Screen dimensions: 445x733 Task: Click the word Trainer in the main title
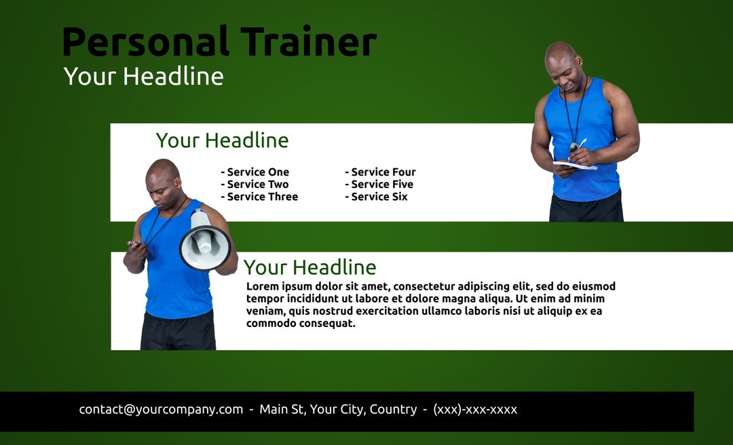[x=308, y=42]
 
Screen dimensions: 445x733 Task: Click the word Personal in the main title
[x=145, y=42]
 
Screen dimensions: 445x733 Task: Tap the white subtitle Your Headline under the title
[x=143, y=76]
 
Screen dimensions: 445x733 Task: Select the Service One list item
[x=255, y=172]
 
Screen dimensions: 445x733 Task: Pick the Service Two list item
[x=255, y=185]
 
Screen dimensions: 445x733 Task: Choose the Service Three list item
[x=259, y=197]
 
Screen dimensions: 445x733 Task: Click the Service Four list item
[x=380, y=172]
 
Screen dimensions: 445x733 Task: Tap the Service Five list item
[x=379, y=185]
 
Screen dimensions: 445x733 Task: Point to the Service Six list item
[x=376, y=197]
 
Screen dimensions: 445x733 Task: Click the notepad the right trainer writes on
[x=574, y=164]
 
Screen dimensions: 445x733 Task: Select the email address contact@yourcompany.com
[x=161, y=410]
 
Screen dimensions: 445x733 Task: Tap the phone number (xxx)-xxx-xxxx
[x=475, y=410]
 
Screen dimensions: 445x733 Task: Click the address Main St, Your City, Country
[x=338, y=410]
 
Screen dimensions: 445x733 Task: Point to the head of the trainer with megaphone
[x=164, y=180]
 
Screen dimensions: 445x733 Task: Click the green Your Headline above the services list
[x=222, y=140]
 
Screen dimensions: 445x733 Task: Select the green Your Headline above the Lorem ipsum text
[x=309, y=267]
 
